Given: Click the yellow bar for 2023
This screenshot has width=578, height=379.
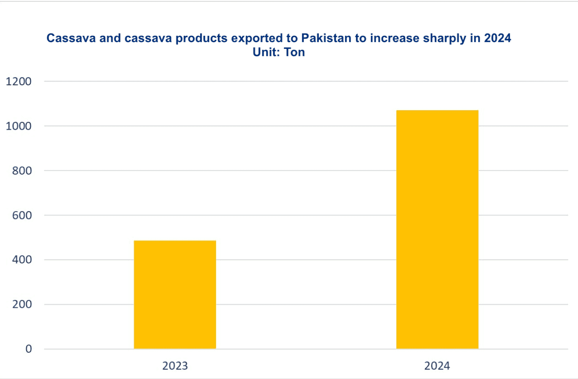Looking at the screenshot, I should click(x=175, y=294).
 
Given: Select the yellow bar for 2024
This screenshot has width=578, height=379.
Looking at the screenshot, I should click(x=437, y=229).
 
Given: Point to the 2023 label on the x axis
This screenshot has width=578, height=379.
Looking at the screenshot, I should click(x=175, y=365).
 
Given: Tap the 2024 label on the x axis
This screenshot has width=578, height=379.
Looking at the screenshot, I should click(x=437, y=365).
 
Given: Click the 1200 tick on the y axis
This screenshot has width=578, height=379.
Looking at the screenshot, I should click(x=19, y=82).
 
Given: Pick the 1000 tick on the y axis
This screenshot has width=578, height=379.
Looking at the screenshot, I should click(x=19, y=126).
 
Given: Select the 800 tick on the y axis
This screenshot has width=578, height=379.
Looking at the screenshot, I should click(x=22, y=171).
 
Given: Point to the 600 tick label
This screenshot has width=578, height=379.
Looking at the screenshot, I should click(x=22, y=215).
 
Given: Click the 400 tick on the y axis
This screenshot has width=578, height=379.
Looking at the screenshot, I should click(x=22, y=260).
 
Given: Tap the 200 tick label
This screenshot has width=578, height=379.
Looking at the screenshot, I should click(x=22, y=304).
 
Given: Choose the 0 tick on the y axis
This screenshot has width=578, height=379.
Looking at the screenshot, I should click(x=29, y=349).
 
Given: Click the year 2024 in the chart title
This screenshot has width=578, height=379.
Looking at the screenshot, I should click(x=497, y=39).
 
